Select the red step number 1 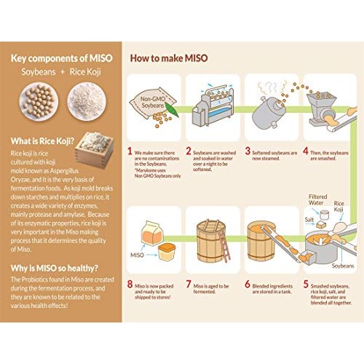tap(130, 152)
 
